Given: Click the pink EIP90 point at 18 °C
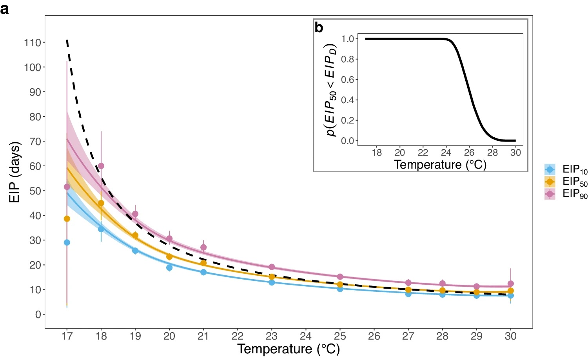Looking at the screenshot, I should coord(101,166).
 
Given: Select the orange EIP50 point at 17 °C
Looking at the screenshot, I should coord(67,219).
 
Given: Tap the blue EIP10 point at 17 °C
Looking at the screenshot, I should coord(67,243).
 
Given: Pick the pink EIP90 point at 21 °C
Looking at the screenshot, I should coord(203,247).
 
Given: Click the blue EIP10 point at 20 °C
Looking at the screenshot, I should coord(169,268).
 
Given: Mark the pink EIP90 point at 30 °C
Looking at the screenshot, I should coord(510,284).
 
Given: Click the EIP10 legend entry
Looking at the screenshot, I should coord(566,170).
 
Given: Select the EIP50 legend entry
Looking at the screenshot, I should coord(566,182).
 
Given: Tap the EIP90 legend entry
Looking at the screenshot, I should coord(566,194).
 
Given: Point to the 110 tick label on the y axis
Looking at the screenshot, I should coord(33,43).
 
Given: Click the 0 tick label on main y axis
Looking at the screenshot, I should coord(38,315).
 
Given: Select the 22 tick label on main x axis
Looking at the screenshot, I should coord(238,336).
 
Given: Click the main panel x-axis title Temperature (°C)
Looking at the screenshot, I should coord(289,349).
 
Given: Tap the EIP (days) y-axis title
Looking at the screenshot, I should coord(15,172).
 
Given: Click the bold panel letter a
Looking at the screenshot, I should coord(5,9).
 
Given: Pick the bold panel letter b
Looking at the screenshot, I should coord(319,27).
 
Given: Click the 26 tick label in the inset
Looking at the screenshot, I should coord(469,153).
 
